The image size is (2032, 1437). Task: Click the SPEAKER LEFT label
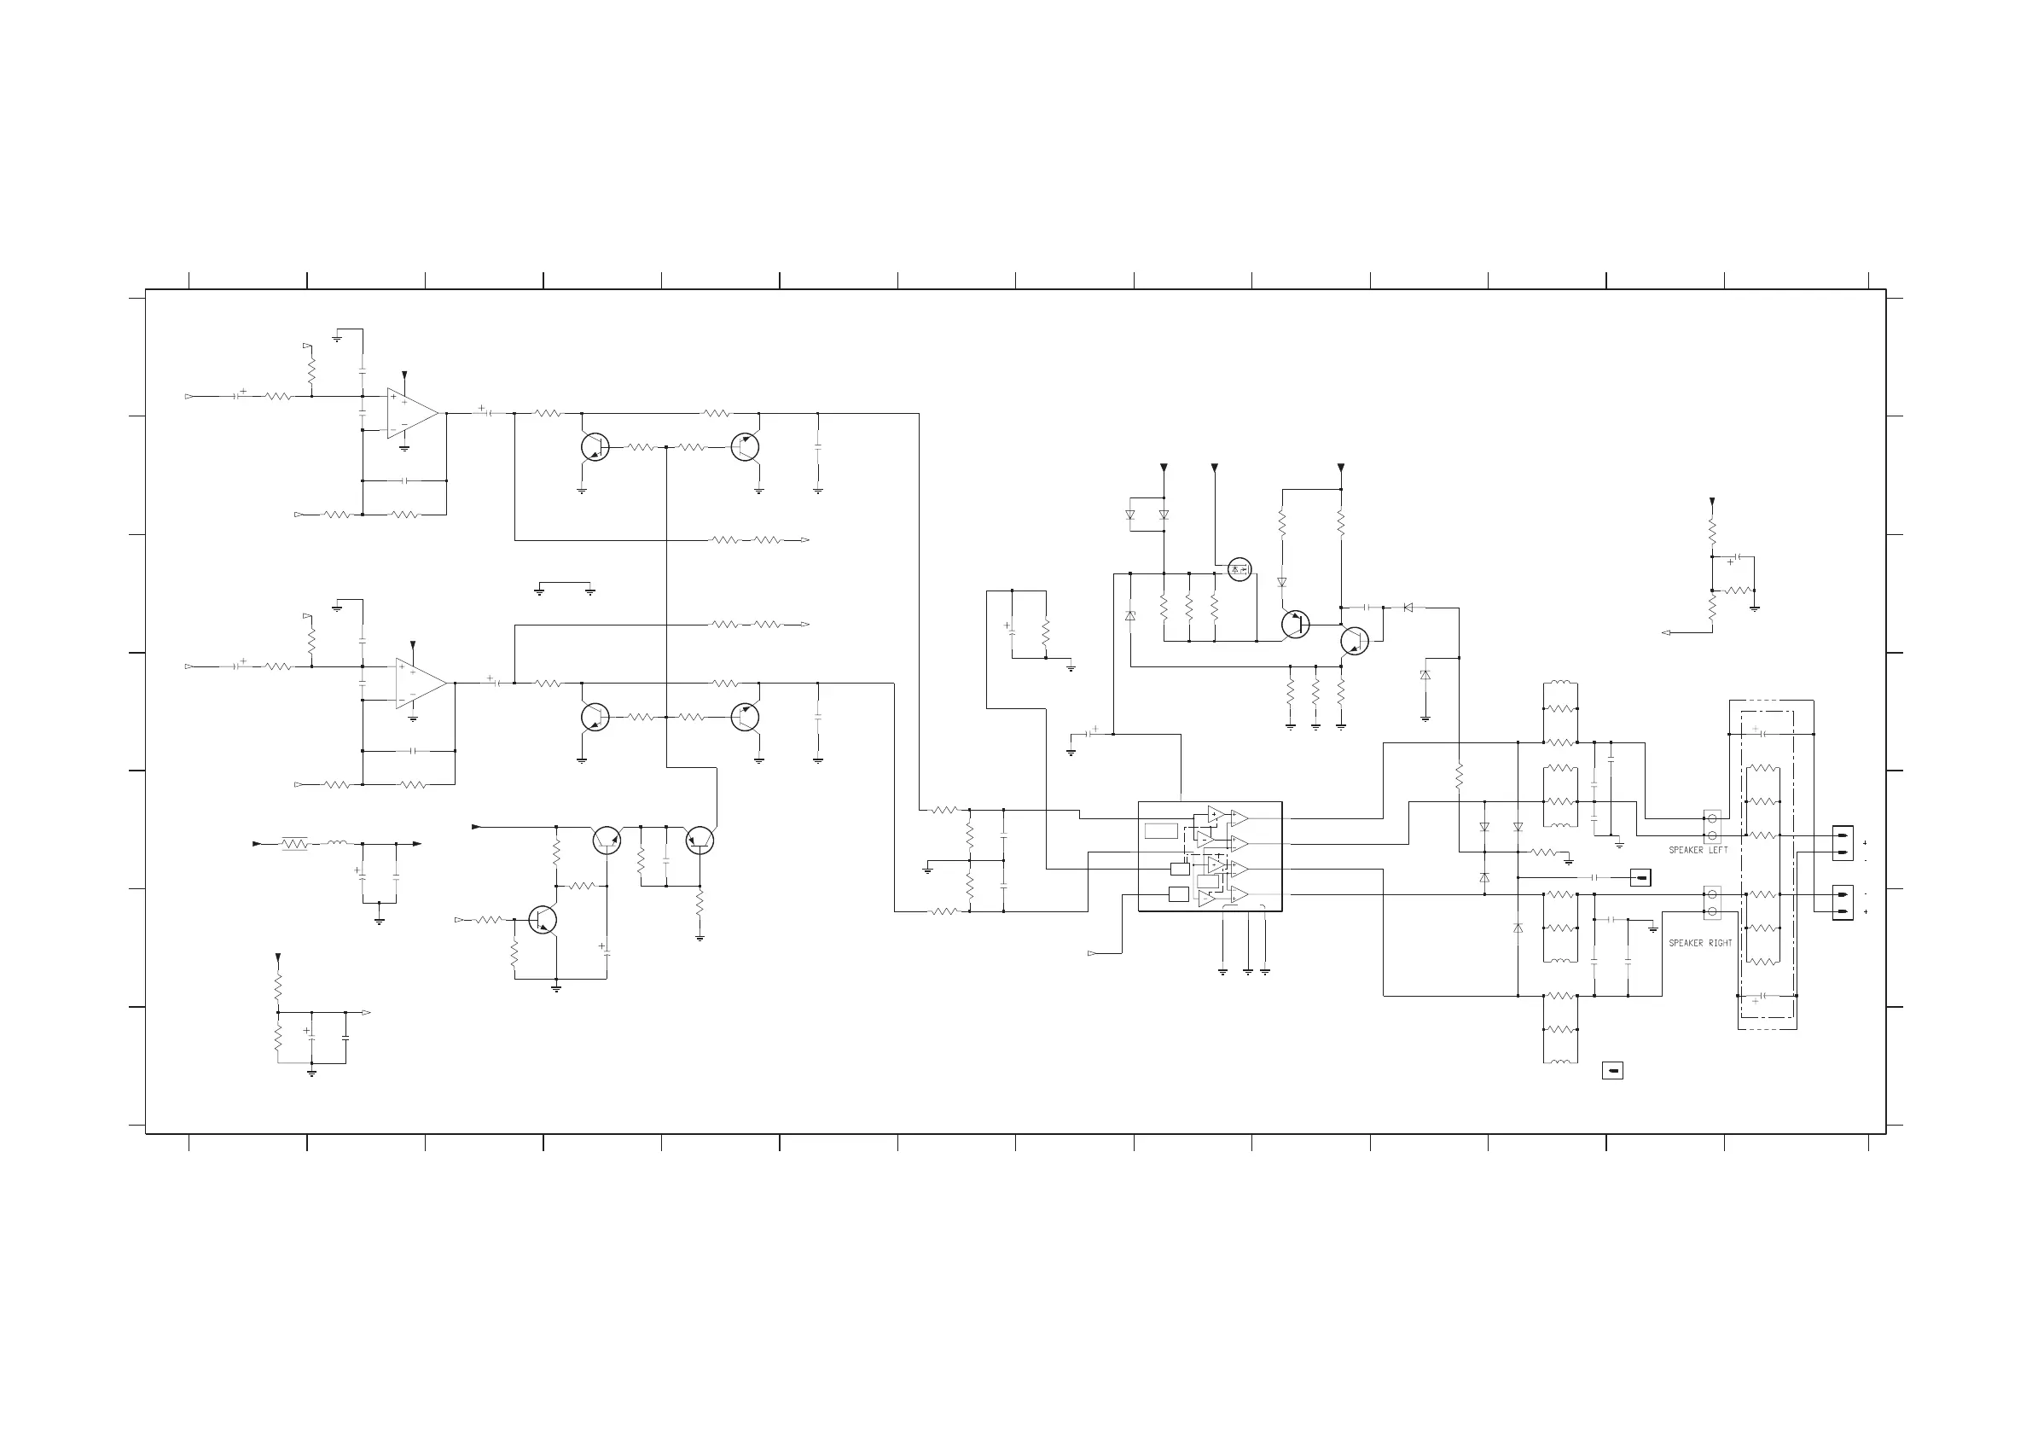click(x=1698, y=850)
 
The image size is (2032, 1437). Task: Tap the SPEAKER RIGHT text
click(x=1700, y=943)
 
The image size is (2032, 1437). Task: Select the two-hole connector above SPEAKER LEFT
click(x=1711, y=827)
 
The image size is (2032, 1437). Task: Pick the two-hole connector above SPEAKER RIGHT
click(x=1711, y=903)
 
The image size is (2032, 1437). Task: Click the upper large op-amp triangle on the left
click(x=411, y=414)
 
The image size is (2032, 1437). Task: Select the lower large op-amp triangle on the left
click(x=421, y=684)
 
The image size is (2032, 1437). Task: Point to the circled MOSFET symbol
click(x=1239, y=569)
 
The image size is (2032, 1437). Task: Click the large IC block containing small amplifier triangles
click(x=1209, y=856)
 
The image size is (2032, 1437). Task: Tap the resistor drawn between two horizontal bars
click(x=294, y=844)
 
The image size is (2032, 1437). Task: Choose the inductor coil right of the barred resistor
click(x=337, y=843)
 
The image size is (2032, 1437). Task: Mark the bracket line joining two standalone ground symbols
click(x=565, y=584)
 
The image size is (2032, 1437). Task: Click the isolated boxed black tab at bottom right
click(x=1611, y=1071)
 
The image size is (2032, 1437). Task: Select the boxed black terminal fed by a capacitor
click(x=1640, y=877)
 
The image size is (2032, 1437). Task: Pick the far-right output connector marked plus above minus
click(x=1843, y=844)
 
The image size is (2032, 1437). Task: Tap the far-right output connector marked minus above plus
click(x=1843, y=903)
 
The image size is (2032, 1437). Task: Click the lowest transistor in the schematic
click(x=543, y=920)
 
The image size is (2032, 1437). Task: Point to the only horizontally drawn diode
click(x=1408, y=608)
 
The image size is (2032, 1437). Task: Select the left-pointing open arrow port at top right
click(x=1667, y=632)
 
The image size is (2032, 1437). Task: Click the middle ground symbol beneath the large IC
click(x=1247, y=971)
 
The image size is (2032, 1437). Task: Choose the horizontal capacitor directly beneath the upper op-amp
click(x=404, y=480)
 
